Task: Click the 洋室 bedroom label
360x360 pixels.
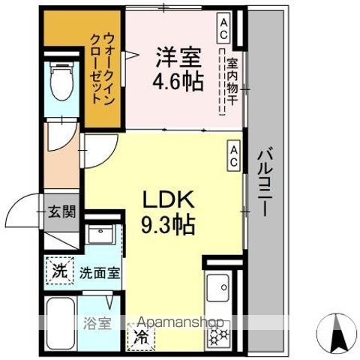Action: [178, 56]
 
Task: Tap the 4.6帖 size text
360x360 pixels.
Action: [178, 80]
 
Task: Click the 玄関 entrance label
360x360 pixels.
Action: [63, 211]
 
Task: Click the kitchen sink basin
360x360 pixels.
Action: [219, 287]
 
